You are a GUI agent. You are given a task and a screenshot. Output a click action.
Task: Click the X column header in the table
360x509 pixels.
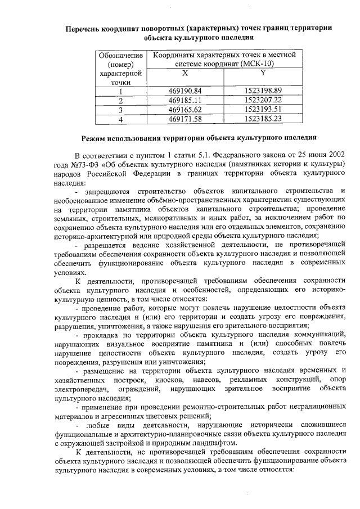pos(184,73)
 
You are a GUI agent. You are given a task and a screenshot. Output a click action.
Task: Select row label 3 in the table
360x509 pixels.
pos(120,110)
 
